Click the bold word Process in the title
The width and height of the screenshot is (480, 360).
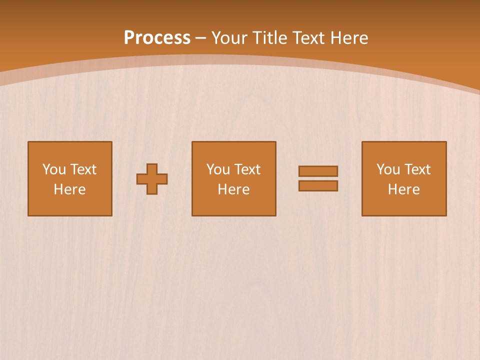tap(157, 38)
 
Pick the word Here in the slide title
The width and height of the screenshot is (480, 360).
tap(349, 38)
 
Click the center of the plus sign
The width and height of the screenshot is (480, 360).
tap(152, 179)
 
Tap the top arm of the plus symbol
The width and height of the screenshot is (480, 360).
tap(152, 168)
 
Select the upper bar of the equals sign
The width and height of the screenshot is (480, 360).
tap(318, 171)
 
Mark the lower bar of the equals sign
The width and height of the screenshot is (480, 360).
tap(318, 185)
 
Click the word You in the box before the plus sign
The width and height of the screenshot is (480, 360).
tap(54, 169)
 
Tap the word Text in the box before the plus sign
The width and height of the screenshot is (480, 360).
tap(83, 169)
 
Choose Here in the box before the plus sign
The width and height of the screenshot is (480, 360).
tap(69, 189)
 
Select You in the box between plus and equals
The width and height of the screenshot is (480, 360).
tap(218, 169)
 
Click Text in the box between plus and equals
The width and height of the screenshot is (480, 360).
tap(247, 169)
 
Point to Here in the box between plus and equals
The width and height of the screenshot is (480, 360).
tap(233, 189)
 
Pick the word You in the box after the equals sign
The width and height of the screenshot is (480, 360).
tap(388, 169)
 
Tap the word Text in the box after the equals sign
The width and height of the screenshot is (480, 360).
tap(417, 169)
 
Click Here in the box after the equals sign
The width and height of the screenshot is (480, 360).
tap(403, 189)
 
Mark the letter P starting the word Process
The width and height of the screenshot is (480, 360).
tap(129, 38)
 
